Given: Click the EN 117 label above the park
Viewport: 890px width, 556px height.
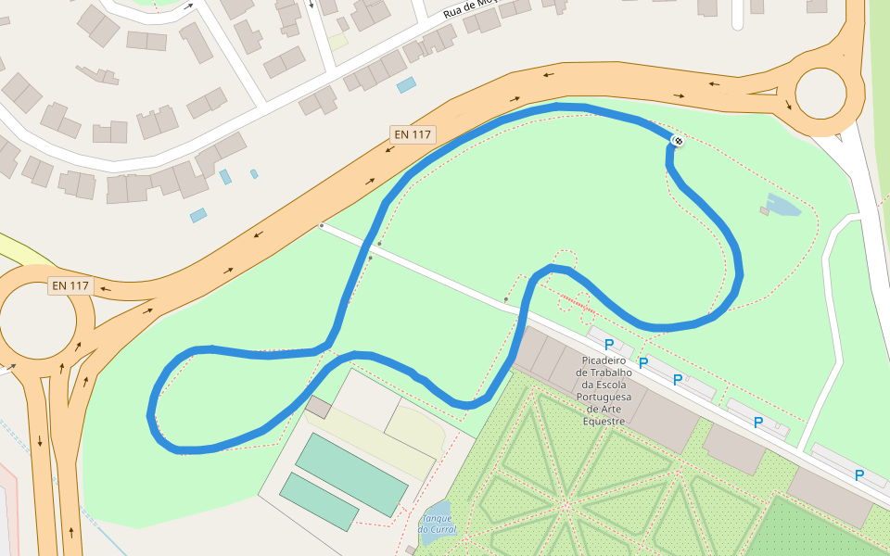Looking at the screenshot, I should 413,134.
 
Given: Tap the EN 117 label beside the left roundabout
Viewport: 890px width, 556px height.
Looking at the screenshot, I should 70,285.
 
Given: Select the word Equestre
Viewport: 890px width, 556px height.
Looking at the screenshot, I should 606,420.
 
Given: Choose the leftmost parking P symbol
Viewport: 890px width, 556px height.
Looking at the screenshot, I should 609,345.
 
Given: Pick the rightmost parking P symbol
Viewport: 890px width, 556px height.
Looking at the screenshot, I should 858,475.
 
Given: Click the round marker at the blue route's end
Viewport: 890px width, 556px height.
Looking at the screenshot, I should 678,140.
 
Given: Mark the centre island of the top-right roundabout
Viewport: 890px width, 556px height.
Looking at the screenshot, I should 820,93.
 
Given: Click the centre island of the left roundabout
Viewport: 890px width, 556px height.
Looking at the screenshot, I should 37,321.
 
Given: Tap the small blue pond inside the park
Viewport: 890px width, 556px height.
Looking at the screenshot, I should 782,205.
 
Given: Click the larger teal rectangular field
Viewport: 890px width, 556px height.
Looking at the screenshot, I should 351,474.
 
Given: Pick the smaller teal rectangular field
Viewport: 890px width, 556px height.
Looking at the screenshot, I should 319,501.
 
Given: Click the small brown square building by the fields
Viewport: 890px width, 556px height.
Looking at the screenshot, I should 318,407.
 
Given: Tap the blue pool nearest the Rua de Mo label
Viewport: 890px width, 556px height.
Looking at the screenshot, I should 406,85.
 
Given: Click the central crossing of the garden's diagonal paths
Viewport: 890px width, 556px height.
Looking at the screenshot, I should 564,505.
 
